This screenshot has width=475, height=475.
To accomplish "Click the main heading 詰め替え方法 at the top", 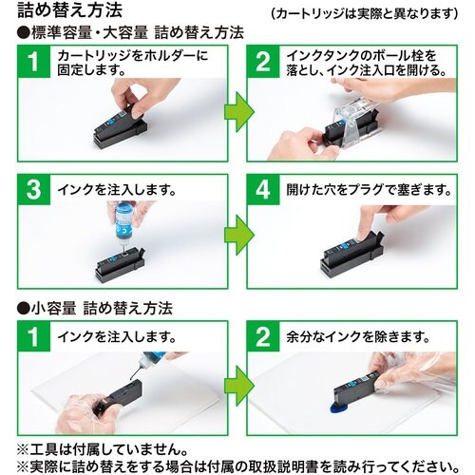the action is [x=69, y=9].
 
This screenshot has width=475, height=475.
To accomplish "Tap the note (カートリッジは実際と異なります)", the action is [x=365, y=13].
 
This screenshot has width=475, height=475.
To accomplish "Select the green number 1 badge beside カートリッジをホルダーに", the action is [x=34, y=62].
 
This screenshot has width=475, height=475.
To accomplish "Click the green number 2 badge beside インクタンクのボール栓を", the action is [x=263, y=62].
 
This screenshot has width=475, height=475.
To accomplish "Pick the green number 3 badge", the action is [x=34, y=190].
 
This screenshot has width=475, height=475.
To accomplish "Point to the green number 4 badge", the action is [x=263, y=190].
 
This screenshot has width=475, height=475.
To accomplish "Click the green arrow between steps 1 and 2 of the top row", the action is [x=239, y=111].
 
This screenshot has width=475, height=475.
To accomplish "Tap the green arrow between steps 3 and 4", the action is [x=239, y=235].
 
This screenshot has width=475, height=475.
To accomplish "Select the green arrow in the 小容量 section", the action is [x=239, y=387].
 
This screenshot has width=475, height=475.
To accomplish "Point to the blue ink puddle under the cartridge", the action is [x=339, y=409].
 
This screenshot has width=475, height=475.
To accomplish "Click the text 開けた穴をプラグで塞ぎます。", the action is [x=369, y=190].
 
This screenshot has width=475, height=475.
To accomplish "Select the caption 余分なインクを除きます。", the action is [x=358, y=337].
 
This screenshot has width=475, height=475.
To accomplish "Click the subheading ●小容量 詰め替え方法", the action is [x=95, y=308].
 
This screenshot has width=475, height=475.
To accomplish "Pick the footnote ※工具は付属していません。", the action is [x=102, y=449].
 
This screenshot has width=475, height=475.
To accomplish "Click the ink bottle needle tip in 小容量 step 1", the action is [x=131, y=378].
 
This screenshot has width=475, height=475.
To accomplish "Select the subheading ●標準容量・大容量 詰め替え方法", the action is [x=130, y=33].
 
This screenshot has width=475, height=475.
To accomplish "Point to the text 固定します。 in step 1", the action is [x=92, y=69].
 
